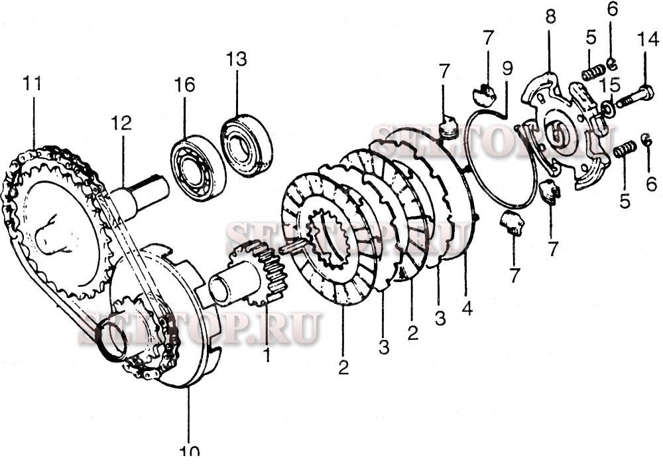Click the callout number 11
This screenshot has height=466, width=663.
coord(32,84)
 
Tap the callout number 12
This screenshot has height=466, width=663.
coord(121,123)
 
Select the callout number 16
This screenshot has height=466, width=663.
coord(185,85)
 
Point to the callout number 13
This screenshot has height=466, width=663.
coord(236,59)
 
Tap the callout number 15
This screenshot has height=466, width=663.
coord(610,85)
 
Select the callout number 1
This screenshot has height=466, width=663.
coord(267,356)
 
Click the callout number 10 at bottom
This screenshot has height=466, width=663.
coord(189,451)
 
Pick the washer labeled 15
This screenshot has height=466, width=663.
coord(607,108)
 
